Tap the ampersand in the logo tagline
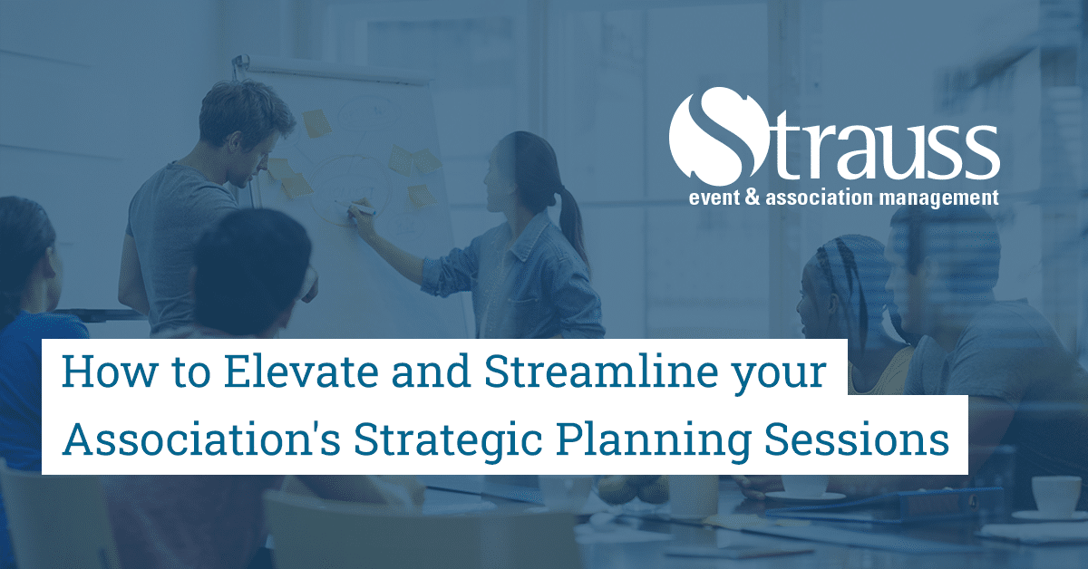pyautogui.click(x=752, y=198)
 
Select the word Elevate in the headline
pyautogui.click(x=301, y=371)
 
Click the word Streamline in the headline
pyautogui.click(x=601, y=371)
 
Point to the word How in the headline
pyautogui.click(x=110, y=371)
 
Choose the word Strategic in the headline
pyautogui.click(x=447, y=439)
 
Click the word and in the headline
pyautogui.click(x=431, y=371)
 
